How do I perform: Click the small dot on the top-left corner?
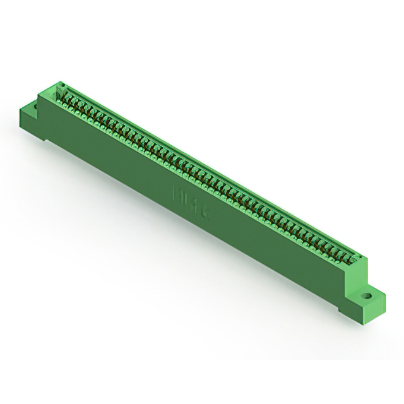click(62, 84)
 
